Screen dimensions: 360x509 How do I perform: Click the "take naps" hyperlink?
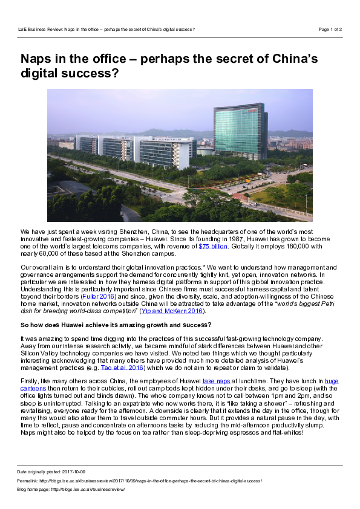pyautogui.click(x=216, y=381)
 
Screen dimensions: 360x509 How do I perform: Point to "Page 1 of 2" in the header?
pyautogui.click(x=330, y=28)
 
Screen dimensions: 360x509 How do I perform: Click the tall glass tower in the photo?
pyautogui.click(x=240, y=131)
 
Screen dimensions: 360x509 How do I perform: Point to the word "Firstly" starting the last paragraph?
pyautogui.click(x=28, y=381)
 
